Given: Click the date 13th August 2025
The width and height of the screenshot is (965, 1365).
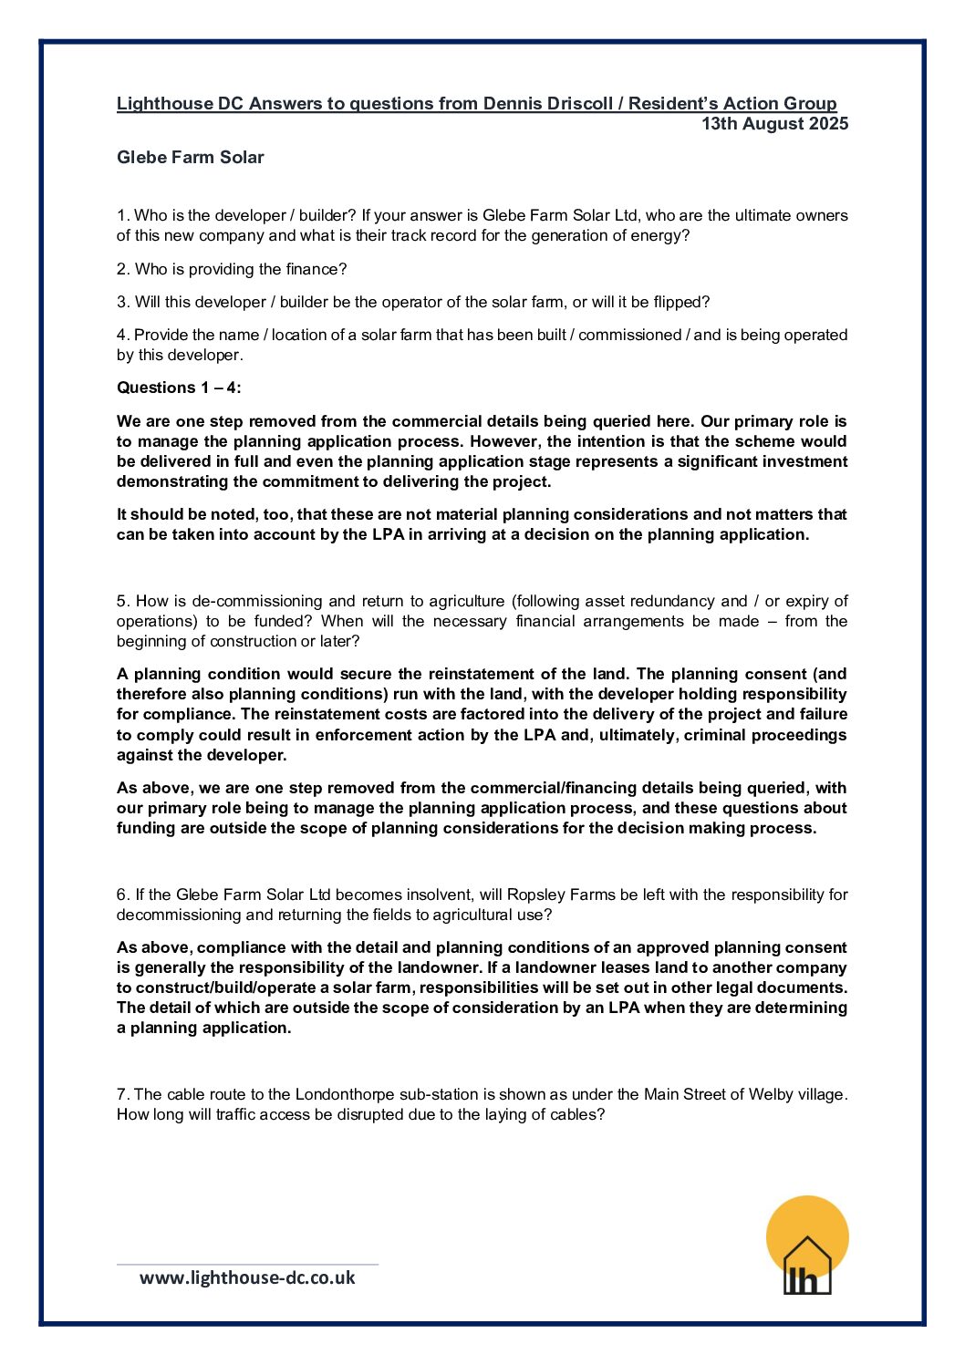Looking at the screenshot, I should tap(774, 124).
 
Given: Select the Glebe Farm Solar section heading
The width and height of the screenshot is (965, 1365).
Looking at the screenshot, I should tap(190, 158).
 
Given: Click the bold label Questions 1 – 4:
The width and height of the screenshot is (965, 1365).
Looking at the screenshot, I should tap(179, 388).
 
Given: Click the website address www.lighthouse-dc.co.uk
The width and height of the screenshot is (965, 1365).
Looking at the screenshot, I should tap(247, 1277).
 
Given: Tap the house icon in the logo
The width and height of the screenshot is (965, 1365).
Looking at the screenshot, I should tap(807, 1266).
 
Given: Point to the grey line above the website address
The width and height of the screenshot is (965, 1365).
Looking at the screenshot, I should tap(247, 1264).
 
